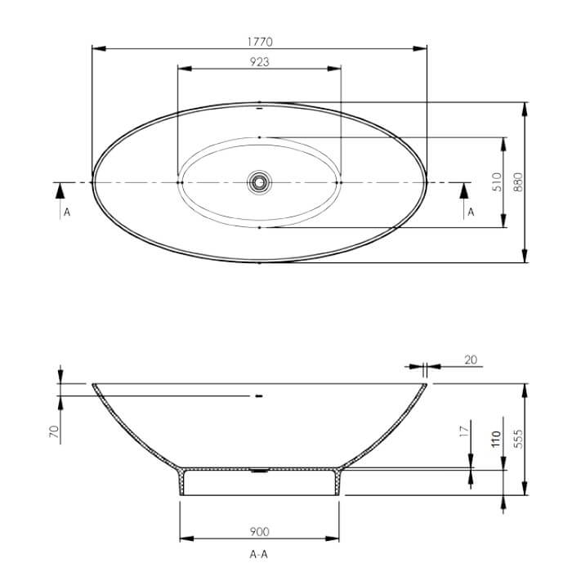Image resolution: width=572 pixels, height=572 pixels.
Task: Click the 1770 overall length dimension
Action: coord(259,41)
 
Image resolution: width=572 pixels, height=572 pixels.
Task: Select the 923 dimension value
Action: coord(259,61)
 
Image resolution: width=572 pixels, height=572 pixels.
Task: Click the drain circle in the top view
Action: coord(259,181)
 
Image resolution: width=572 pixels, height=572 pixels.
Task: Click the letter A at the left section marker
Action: coord(66,212)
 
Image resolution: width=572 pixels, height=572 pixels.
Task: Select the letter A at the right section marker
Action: coord(470,212)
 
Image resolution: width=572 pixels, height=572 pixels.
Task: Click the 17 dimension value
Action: coord(462,430)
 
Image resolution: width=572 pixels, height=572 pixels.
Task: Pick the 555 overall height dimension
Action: coord(518,439)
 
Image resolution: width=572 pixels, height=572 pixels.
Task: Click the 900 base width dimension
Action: coord(259,531)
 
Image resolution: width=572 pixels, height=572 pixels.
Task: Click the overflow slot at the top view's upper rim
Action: coord(259,106)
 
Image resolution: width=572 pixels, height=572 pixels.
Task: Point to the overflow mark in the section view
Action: coord(259,395)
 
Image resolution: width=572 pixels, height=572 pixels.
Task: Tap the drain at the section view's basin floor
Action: coord(259,470)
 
